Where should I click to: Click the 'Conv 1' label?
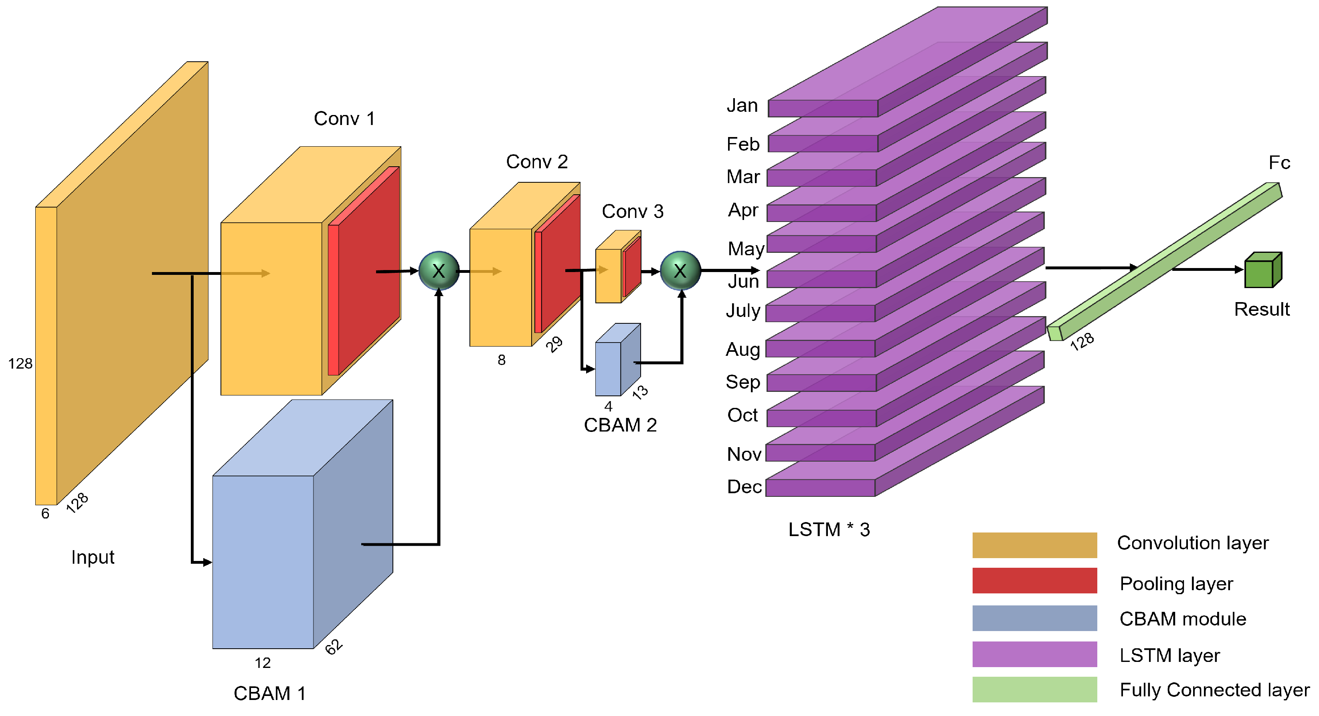(344, 119)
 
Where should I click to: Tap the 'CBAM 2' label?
(620, 425)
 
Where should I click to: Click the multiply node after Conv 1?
(439, 271)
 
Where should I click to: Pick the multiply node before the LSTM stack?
(680, 271)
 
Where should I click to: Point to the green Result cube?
(1263, 270)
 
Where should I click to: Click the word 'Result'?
(1262, 309)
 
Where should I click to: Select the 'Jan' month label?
(742, 105)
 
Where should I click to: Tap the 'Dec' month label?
(744, 487)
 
